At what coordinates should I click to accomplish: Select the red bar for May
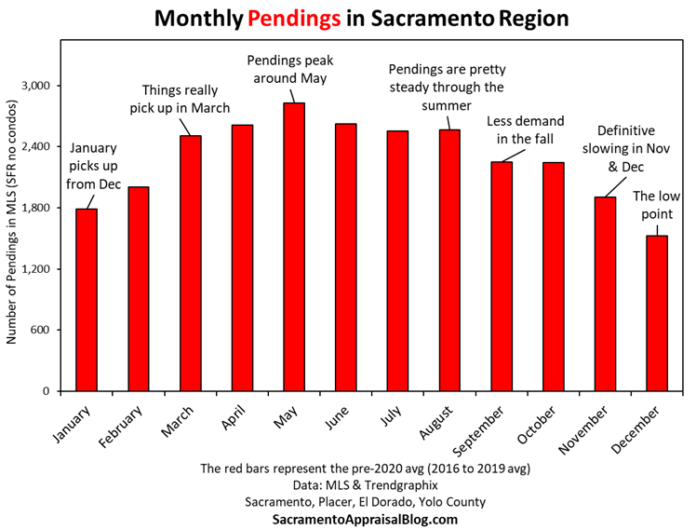click(294, 247)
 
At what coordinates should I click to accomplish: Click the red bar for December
click(657, 313)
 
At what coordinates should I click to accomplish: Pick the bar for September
click(502, 277)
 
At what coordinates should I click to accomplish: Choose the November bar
click(605, 293)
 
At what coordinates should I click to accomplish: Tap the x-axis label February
click(126, 428)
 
